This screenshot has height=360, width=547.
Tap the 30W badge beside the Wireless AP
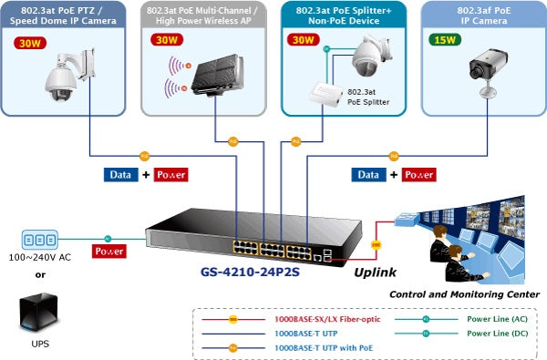point(167,41)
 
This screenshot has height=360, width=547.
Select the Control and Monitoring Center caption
point(464,294)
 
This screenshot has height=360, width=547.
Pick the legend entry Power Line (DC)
point(495,333)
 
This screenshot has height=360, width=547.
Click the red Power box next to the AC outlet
point(109,250)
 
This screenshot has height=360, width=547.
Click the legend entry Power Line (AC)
point(495,319)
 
